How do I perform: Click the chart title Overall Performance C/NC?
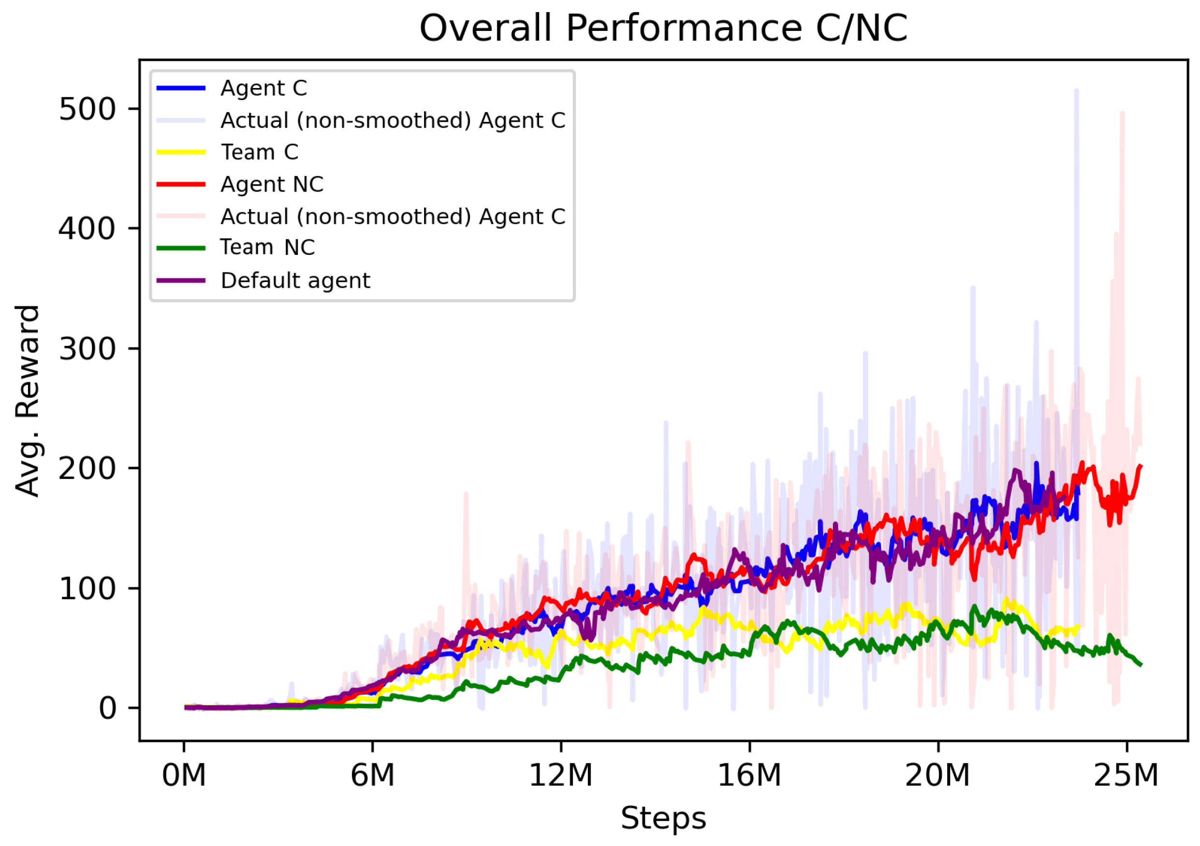pos(663,28)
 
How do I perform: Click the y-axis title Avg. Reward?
pos(27,401)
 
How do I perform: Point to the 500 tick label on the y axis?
pos(87,110)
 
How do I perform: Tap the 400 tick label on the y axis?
pos(87,229)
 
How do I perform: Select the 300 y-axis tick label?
pos(87,349)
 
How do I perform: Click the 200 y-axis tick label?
pos(87,469)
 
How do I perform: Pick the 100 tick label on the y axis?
pos(87,589)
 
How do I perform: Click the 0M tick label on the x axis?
pos(184,775)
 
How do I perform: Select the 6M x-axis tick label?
pos(372,775)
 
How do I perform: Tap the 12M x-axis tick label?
pos(561,775)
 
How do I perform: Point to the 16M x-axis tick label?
pos(749,775)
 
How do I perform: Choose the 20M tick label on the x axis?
pos(937,775)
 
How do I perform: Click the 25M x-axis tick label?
pos(1127,775)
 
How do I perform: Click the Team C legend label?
pos(260,152)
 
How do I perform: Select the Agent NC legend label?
pos(272,185)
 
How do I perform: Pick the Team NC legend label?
pos(267,247)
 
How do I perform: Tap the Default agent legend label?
pos(295,281)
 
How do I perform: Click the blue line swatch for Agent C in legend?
pos(181,89)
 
